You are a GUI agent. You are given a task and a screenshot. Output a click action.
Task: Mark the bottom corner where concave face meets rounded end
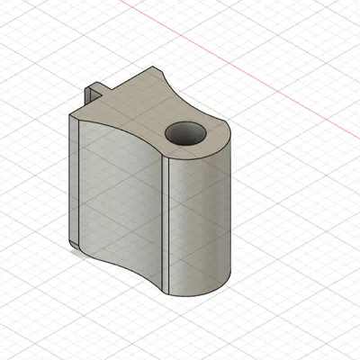pyautogui.click(x=170, y=294)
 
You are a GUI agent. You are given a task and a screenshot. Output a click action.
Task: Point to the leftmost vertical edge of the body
pyautogui.click(x=71, y=180)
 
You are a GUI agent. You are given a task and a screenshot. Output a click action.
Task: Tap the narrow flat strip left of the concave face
pyautogui.click(x=76, y=180)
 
